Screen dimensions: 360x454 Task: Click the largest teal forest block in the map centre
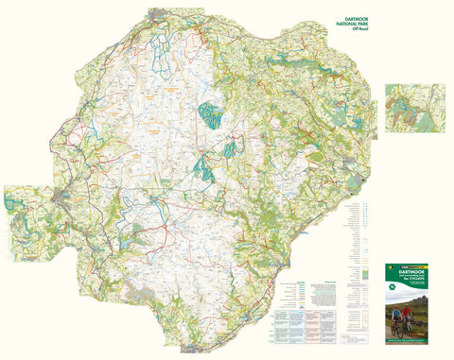pos(210,113)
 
